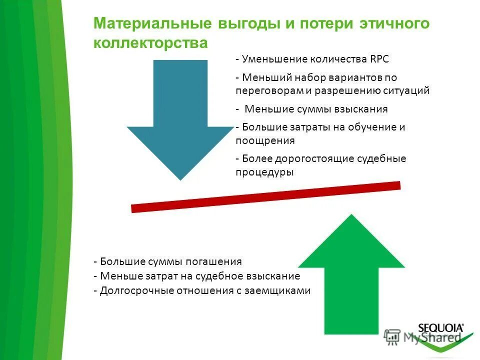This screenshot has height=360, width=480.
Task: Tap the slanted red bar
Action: click(x=265, y=196)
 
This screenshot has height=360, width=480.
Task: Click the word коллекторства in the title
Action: click(x=150, y=43)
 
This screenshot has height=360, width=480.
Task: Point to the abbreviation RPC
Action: click(x=378, y=59)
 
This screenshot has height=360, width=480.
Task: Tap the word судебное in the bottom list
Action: click(x=217, y=276)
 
